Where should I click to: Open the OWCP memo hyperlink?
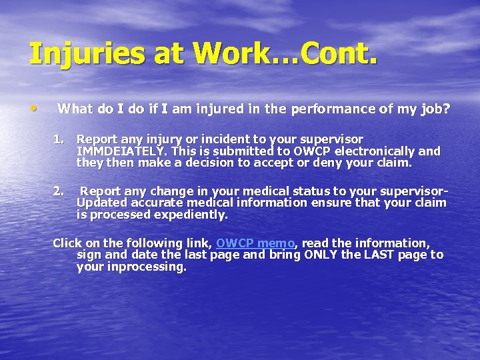click(255, 243)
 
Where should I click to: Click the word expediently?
click(191, 214)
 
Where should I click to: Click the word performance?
click(303, 109)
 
